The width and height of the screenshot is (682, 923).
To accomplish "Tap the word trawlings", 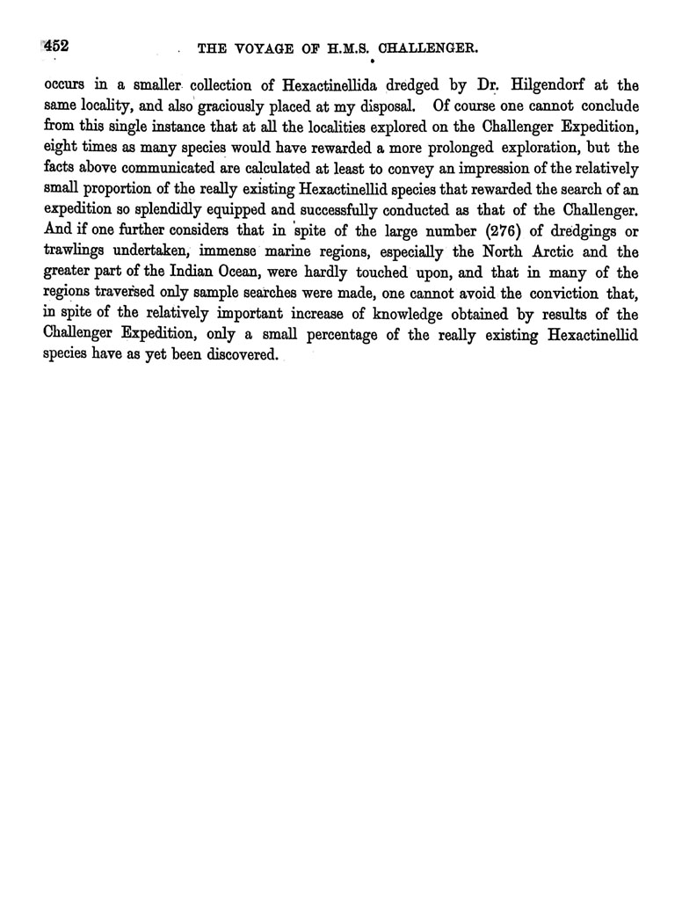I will point(76,247).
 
